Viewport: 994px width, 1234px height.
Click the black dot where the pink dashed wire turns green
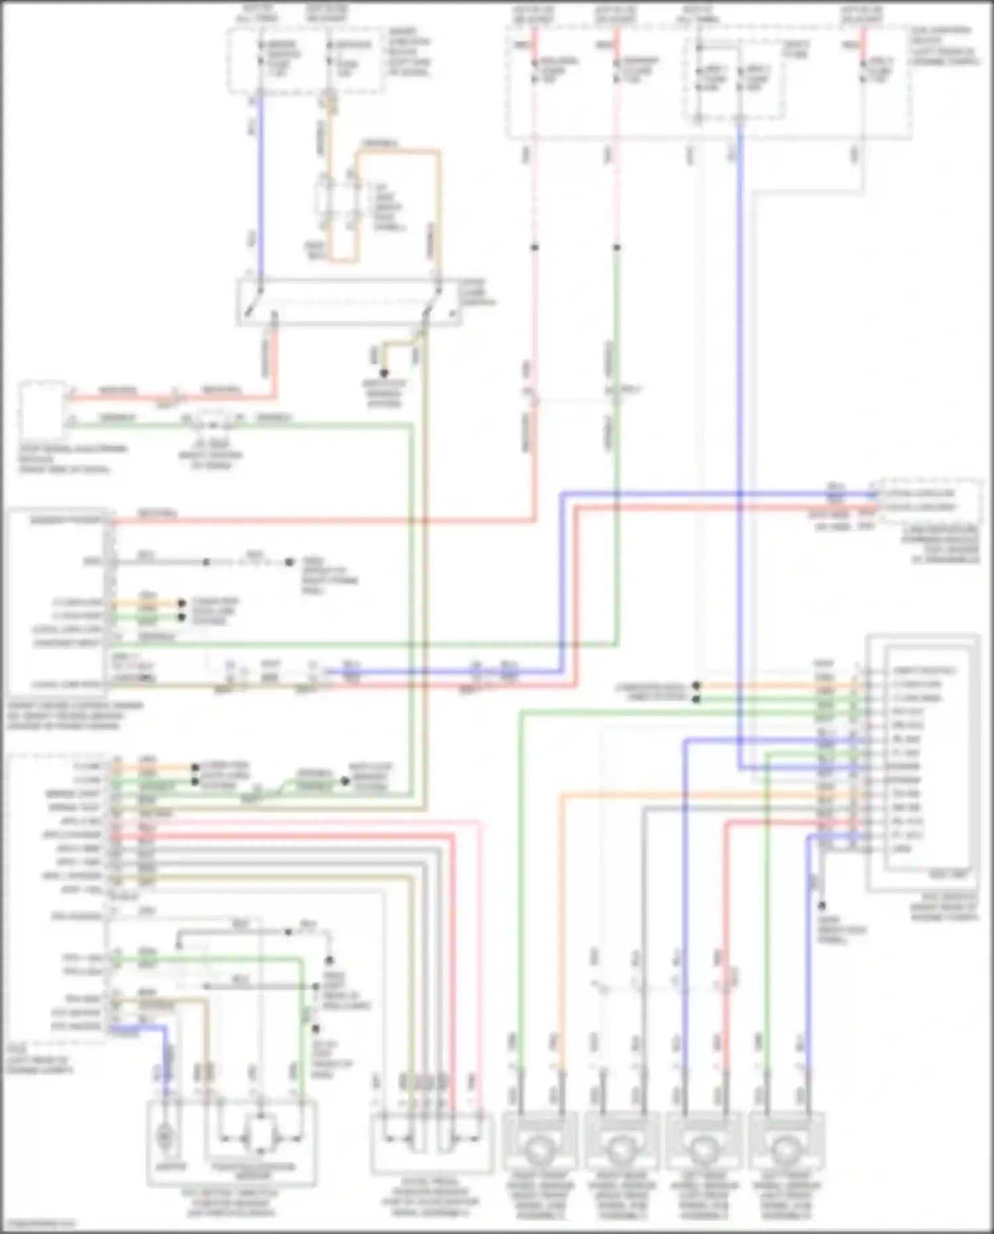[616, 248]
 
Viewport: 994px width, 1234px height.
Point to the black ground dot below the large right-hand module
[822, 906]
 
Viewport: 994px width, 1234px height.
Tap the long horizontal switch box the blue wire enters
[348, 302]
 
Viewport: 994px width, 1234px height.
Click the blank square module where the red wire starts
[42, 406]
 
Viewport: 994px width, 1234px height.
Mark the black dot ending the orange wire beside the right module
[696, 686]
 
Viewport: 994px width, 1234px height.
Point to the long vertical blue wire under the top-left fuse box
[259, 186]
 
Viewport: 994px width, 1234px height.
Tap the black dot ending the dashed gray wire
[290, 562]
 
